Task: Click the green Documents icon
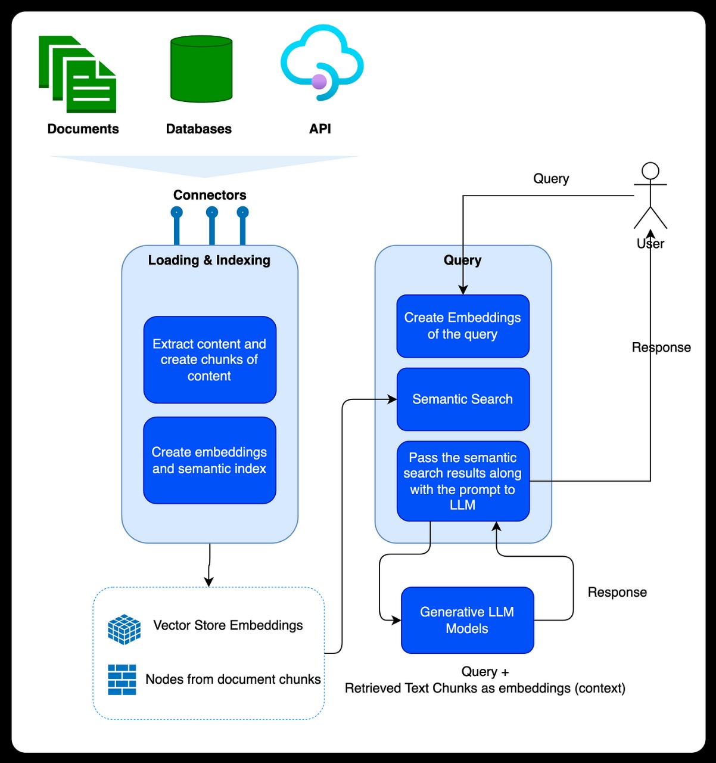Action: coord(78,75)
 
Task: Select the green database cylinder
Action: coord(201,69)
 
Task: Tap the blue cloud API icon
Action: coord(322,62)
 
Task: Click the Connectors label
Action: coord(210,195)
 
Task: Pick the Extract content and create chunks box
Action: coord(210,360)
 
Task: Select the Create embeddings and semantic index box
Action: coord(210,460)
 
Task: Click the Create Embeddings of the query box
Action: coord(463,326)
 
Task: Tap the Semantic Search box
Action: coord(463,399)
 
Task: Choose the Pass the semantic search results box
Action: coord(463,481)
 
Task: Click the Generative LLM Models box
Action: coord(467,620)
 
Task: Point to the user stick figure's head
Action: coord(650,171)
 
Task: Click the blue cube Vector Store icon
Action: coord(124,629)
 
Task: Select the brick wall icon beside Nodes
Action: coord(122,680)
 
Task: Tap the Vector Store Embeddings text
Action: coord(228,625)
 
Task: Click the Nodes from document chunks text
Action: coord(233,680)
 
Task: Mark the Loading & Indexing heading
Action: coord(209,260)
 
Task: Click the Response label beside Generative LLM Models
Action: coord(617,592)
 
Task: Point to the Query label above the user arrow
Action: coord(551,179)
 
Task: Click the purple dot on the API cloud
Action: coord(319,82)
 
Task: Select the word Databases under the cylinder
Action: coord(199,129)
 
